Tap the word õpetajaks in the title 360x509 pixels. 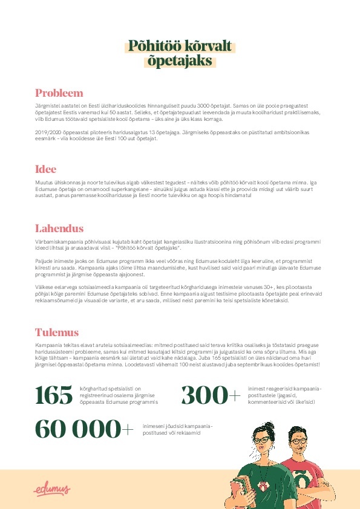(x=180, y=60)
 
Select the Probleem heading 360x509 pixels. (x=59, y=93)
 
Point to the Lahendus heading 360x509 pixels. (x=59, y=229)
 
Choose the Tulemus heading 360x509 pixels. (x=57, y=332)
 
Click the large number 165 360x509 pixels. (x=53, y=395)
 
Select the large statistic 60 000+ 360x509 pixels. (x=84, y=429)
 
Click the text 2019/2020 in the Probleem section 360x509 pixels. (x=48, y=131)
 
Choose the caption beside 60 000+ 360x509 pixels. (x=178, y=429)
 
